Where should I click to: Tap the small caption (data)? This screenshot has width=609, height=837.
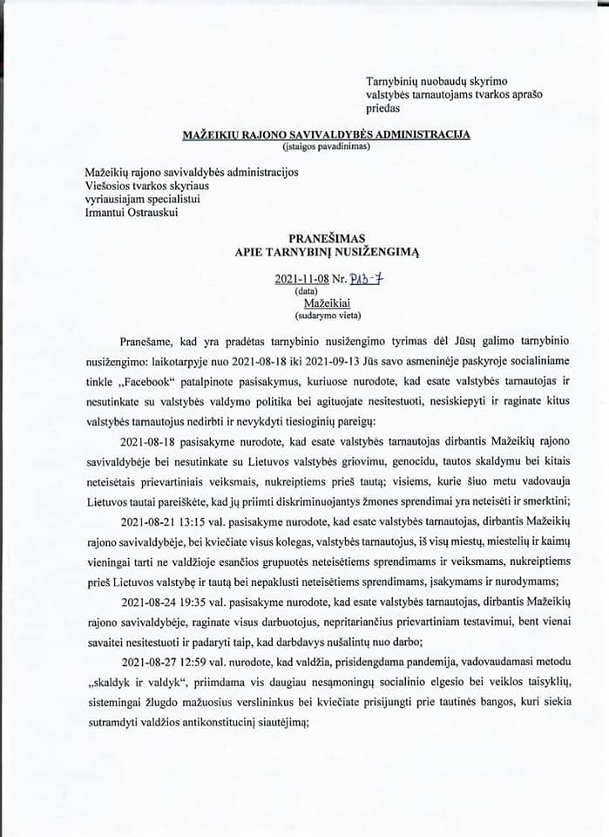306,290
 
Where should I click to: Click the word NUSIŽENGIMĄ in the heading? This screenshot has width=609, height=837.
377,252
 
